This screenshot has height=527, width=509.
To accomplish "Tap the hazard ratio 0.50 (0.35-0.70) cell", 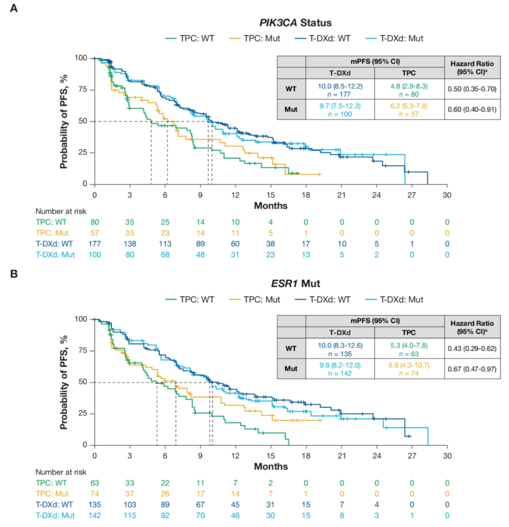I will pyautogui.click(x=472, y=89).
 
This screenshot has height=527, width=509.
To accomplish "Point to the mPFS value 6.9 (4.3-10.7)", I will pyautogui.click(x=410, y=365).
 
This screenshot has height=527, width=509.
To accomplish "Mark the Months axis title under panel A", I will pyautogui.click(x=271, y=205).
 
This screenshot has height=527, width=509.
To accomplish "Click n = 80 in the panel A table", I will pyautogui.click(x=410, y=93).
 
